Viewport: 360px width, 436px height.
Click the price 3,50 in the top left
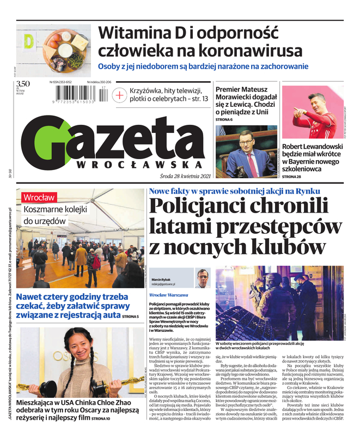pyautogui.click(x=23, y=84)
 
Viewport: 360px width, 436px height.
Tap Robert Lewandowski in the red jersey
pyautogui.click(x=316, y=112)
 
